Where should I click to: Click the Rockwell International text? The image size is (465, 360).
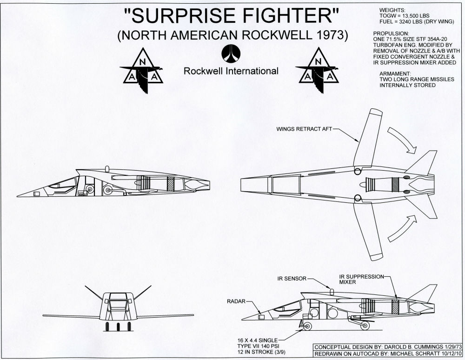pyautogui.click(x=231, y=71)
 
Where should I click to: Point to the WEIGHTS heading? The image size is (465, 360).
pyautogui.click(x=387, y=10)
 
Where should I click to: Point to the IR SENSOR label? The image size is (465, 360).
pyautogui.click(x=292, y=278)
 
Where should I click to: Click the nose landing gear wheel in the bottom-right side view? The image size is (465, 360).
pyautogui.click(x=307, y=327)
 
